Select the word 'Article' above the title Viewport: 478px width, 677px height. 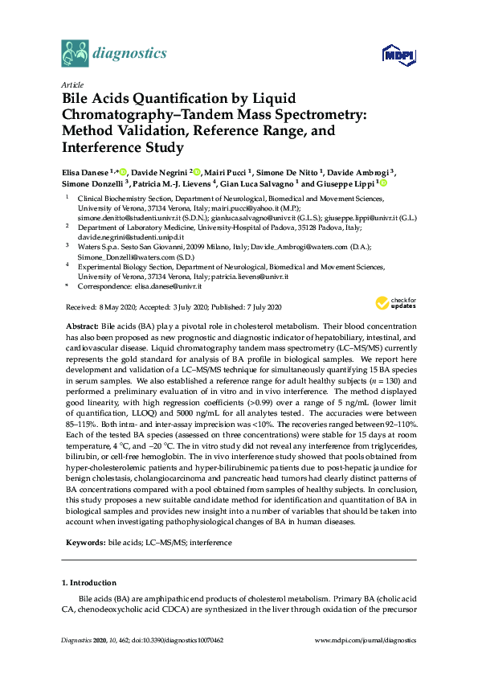71,84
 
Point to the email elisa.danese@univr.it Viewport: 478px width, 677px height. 174,285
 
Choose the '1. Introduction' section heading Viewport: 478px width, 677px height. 88,582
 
